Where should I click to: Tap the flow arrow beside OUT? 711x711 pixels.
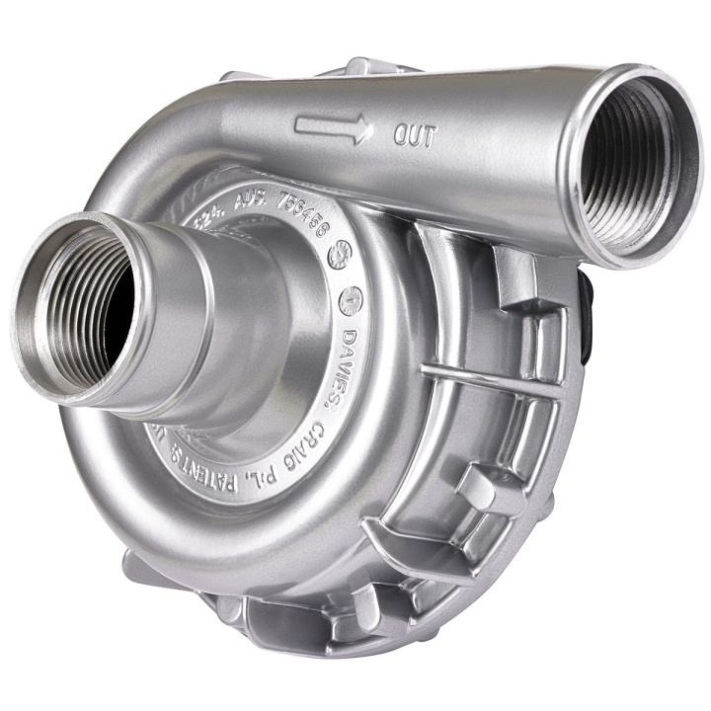coord(334,126)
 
